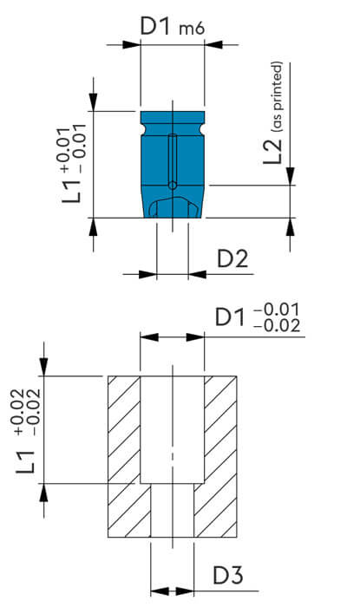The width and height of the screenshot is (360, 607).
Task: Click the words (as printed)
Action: [277, 95]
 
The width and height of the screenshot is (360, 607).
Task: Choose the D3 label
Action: [233, 574]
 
